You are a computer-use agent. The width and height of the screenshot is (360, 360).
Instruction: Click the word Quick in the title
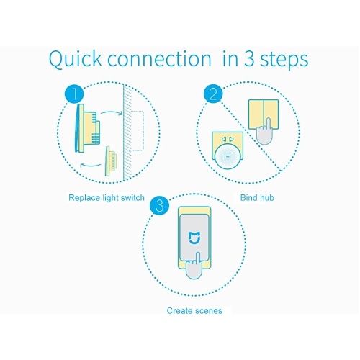pyautogui.click(x=76, y=60)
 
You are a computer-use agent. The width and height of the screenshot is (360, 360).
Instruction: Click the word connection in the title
pyautogui.click(x=159, y=59)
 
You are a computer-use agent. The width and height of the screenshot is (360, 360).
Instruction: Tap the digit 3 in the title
pyautogui.click(x=249, y=58)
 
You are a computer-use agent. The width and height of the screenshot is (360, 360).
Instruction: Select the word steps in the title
pyautogui.click(x=284, y=60)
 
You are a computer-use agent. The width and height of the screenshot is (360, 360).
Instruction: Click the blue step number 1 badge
pyautogui.click(x=74, y=94)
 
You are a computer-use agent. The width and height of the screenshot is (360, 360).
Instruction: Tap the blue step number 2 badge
pyautogui.click(x=213, y=94)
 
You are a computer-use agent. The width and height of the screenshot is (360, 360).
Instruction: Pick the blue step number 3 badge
pyautogui.click(x=159, y=206)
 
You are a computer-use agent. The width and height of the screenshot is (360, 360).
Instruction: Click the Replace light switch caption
pyautogui.click(x=107, y=198)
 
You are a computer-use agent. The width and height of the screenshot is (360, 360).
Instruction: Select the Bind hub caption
pyautogui.click(x=257, y=198)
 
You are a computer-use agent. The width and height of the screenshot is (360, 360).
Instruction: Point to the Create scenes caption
pyautogui.click(x=194, y=311)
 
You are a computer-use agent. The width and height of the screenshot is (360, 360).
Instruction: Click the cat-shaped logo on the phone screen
pyautogui.click(x=194, y=238)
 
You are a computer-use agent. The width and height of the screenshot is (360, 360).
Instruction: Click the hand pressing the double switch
pyautogui.click(x=264, y=132)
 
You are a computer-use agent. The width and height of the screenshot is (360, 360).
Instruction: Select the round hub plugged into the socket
pyautogui.click(x=227, y=157)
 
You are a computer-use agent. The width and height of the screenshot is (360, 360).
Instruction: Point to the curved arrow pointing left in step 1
pyautogui.click(x=90, y=165)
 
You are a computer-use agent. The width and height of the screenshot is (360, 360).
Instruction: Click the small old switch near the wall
pyautogui.click(x=111, y=161)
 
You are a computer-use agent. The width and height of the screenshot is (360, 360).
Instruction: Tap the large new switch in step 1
pyautogui.click(x=87, y=128)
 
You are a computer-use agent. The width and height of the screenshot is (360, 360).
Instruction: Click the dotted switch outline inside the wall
pyautogui.click(x=138, y=131)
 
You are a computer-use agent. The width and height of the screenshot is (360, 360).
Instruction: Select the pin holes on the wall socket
pyautogui.click(x=228, y=139)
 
